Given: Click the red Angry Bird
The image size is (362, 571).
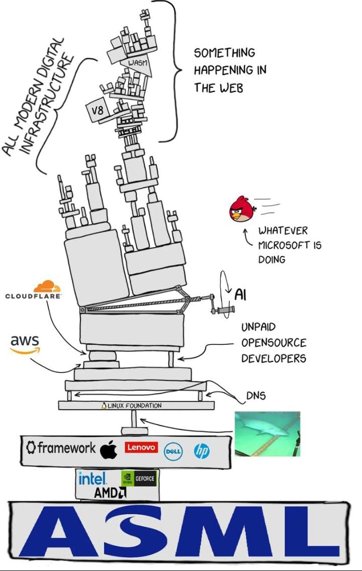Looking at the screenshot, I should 242,211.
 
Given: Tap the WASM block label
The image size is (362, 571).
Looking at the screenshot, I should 136,63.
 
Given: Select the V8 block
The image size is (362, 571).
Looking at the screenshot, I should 96,109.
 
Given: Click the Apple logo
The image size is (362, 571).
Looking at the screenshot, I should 109,449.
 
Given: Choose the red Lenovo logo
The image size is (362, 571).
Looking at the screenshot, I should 141,447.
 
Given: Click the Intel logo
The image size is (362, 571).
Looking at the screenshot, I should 92,478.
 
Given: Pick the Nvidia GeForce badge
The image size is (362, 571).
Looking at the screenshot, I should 139,479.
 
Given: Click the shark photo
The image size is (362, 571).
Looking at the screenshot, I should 267,433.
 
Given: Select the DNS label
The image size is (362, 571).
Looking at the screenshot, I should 255,396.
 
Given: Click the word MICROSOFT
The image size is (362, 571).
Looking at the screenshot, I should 290,245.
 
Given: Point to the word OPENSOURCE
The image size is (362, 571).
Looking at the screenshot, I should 274,343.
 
